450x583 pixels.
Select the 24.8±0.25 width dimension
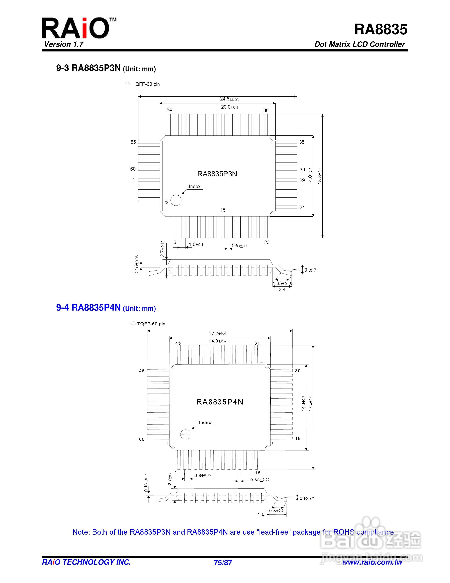pyautogui.click(x=229, y=99)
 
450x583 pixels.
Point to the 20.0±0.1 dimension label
pyautogui.click(x=229, y=107)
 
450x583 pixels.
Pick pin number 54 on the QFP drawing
pyautogui.click(x=169, y=110)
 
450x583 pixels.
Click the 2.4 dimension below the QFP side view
pyautogui.click(x=282, y=289)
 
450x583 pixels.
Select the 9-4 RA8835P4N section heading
pyautogui.click(x=106, y=308)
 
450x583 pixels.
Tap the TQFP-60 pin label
pyautogui.click(x=151, y=324)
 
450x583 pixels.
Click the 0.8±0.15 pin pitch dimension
pyautogui.click(x=202, y=475)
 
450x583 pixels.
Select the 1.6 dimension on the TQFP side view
pyautogui.click(x=261, y=514)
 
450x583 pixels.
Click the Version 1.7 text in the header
pyautogui.click(x=64, y=44)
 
